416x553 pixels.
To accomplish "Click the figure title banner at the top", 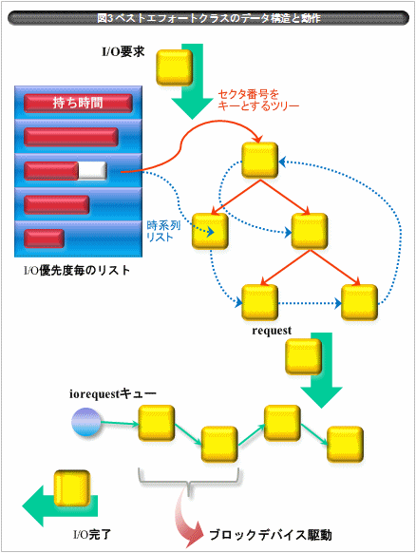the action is click(208, 18).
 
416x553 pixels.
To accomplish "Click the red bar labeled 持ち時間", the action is click(78, 103).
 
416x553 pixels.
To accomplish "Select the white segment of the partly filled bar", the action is click(92, 171).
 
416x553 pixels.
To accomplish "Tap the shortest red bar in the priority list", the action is click(44, 238).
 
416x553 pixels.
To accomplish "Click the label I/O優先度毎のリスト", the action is click(77, 271).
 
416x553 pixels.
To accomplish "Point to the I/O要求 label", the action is click(123, 52).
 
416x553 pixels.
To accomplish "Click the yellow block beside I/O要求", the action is click(175, 67).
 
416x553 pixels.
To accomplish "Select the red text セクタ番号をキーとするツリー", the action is click(258, 100).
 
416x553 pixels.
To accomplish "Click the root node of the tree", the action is click(260, 161).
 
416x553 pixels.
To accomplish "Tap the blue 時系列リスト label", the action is click(163, 231).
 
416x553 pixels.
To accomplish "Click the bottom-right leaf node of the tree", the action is click(360, 302).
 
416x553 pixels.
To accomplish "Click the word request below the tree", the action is click(272, 331).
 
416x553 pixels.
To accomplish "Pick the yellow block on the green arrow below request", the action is click(304, 356).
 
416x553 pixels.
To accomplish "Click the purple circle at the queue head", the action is click(86, 422).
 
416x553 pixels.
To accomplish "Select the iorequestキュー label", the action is click(113, 393).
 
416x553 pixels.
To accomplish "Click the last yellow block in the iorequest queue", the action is click(345, 445).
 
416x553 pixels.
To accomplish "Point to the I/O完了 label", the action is click(92, 535).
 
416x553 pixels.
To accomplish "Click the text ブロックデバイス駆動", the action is click(271, 535).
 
